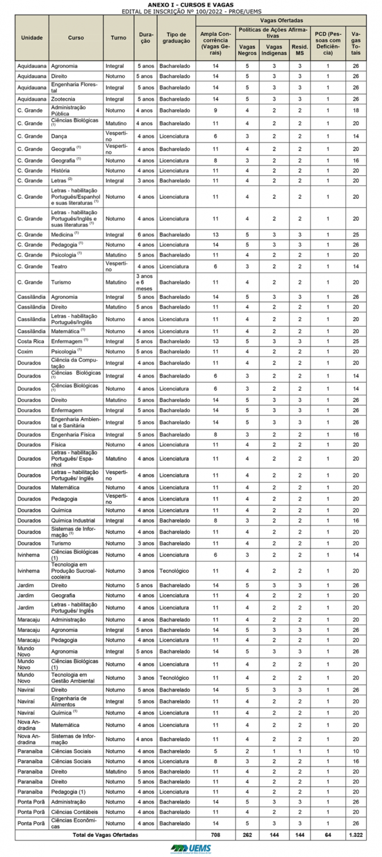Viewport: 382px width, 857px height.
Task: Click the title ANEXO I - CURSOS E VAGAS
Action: coord(190,4)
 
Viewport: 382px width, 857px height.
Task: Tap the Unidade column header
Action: coord(32,38)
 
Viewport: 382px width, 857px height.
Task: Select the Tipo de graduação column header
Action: coord(176,38)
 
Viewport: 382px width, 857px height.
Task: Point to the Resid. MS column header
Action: coord(299,49)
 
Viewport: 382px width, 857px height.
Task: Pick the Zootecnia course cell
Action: coord(64,99)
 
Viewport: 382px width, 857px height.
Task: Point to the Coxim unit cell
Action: coord(26,351)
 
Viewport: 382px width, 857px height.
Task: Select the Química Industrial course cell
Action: coord(73,520)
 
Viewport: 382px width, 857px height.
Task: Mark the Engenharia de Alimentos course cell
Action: coord(69,701)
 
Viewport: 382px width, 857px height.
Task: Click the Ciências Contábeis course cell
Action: coord(74,812)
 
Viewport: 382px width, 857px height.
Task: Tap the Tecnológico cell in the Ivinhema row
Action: coord(176,570)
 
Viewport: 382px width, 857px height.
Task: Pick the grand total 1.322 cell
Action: coord(356,835)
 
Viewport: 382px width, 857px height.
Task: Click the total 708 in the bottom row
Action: coord(215,835)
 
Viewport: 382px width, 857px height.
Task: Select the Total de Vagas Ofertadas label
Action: coord(105,835)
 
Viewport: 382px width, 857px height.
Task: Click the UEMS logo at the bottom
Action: coord(190,848)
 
